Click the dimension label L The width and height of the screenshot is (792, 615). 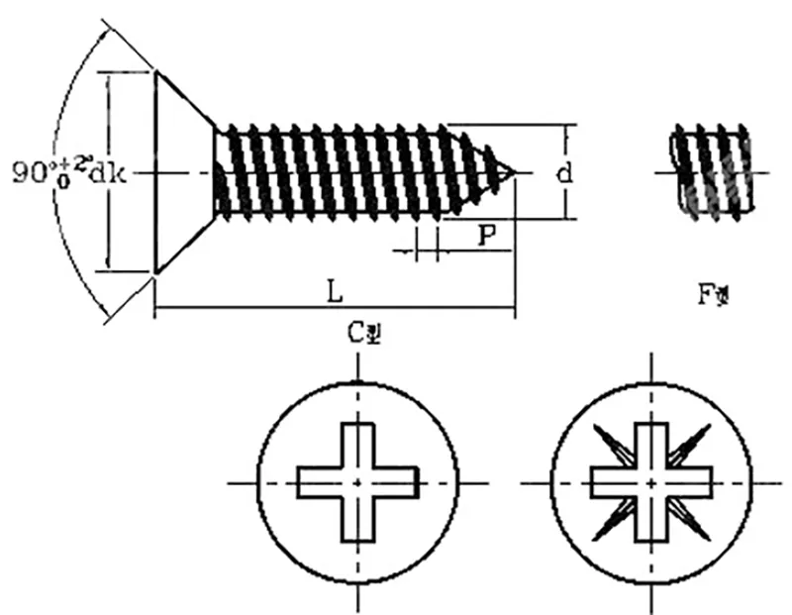[336, 292]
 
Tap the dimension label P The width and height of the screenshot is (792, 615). [485, 236]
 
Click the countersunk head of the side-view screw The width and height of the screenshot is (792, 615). [183, 173]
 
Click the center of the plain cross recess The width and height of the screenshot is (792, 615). [357, 482]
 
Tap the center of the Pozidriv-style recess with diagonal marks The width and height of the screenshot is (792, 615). [650, 482]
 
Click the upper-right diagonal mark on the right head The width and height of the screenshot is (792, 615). [692, 442]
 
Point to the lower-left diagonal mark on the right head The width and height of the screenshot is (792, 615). [609, 522]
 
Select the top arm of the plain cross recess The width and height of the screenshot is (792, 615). [357, 444]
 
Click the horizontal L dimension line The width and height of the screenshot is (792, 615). [247, 308]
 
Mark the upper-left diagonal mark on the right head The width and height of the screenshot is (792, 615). [609, 443]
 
